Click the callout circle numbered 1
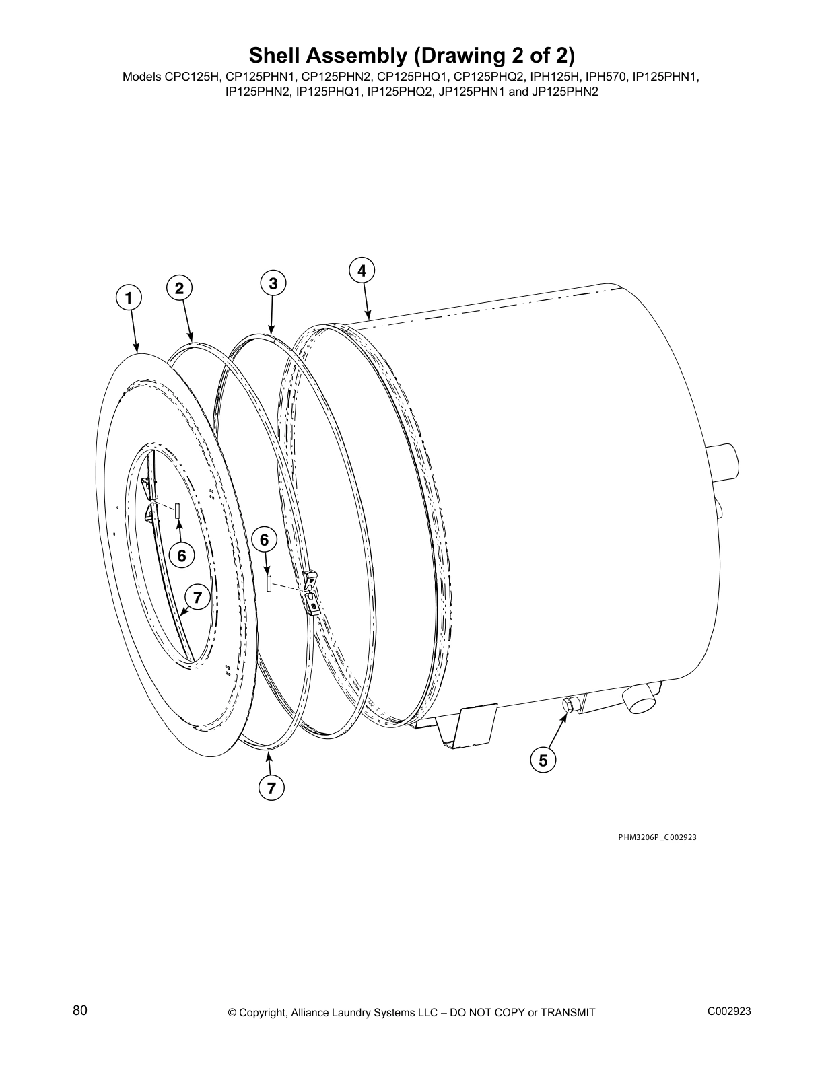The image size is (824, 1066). (x=129, y=297)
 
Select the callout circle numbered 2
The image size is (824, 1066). (x=179, y=288)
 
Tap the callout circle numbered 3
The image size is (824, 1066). (x=273, y=283)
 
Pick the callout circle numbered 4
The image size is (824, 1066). (x=362, y=271)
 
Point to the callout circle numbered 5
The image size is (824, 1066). (x=543, y=760)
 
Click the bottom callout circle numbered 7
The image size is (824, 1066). (x=271, y=788)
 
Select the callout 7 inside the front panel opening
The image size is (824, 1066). (x=197, y=597)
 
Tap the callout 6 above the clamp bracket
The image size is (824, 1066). (x=264, y=540)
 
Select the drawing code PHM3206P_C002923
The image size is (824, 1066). (x=657, y=837)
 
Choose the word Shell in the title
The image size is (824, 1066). (x=275, y=54)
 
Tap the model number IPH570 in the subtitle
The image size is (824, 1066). (x=608, y=77)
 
